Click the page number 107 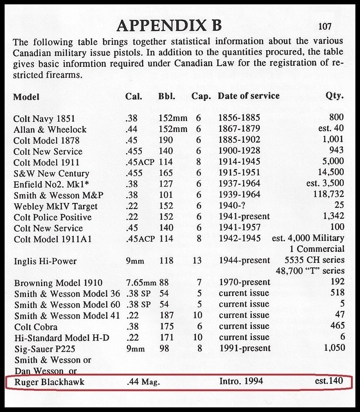(325, 27)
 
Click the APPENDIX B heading (169, 25)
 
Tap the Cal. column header (134, 97)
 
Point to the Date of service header (248, 96)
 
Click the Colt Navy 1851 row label (44, 119)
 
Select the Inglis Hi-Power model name (45, 261)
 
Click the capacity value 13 (197, 260)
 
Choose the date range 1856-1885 (239, 118)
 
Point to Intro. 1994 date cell (241, 381)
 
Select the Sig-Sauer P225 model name (45, 349)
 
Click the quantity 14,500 (330, 172)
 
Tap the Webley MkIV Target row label (56, 206)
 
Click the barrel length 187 (166, 315)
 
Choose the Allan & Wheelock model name (50, 130)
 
